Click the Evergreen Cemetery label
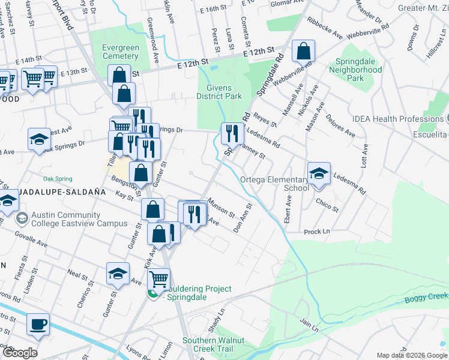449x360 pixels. click(x=121, y=52)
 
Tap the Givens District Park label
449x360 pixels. click(x=220, y=92)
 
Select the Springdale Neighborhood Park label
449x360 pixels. click(x=355, y=74)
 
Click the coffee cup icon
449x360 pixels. click(x=38, y=324)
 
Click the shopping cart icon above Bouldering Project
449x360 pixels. click(x=158, y=278)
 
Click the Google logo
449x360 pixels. click(x=19, y=353)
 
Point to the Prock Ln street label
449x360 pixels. click(x=317, y=232)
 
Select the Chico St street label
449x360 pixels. click(x=327, y=206)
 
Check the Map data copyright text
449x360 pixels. click(x=412, y=355)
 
